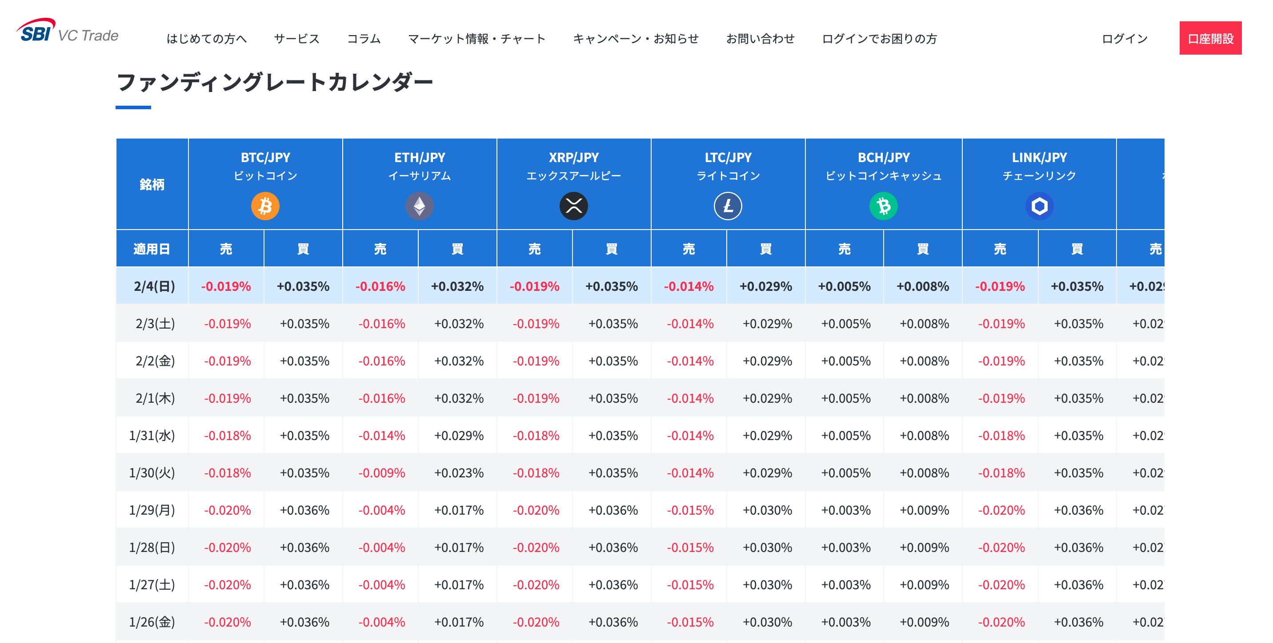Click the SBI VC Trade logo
click(x=68, y=32)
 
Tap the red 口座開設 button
click(x=1210, y=39)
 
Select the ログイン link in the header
click(x=1124, y=39)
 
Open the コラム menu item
click(x=364, y=39)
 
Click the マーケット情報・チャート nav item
click(x=476, y=39)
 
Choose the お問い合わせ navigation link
click(x=760, y=39)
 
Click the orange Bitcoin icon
click(x=265, y=206)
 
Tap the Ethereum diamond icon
click(x=420, y=206)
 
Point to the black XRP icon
click(x=574, y=206)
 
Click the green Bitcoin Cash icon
click(x=884, y=206)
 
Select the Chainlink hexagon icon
click(x=1039, y=206)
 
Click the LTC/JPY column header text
click(x=728, y=158)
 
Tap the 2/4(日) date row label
click(x=154, y=286)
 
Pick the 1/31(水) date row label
click(x=152, y=436)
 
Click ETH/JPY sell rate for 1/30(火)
click(x=381, y=473)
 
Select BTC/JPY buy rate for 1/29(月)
click(x=304, y=510)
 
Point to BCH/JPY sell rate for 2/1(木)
click(x=845, y=398)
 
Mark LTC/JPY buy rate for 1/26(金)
click(x=767, y=622)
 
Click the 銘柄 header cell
click(x=152, y=184)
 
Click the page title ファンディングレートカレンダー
click(x=275, y=82)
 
